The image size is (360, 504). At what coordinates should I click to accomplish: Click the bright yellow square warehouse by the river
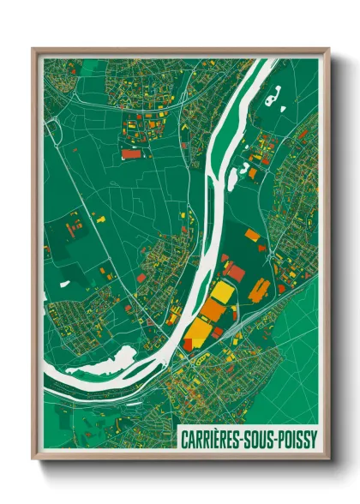tap(222, 293)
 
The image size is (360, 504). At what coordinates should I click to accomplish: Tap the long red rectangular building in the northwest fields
tap(131, 154)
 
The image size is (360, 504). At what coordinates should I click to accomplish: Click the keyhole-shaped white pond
tap(274, 98)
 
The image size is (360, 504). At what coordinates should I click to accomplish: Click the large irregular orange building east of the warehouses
tap(259, 291)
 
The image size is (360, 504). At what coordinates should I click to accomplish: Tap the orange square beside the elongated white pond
tap(253, 173)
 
